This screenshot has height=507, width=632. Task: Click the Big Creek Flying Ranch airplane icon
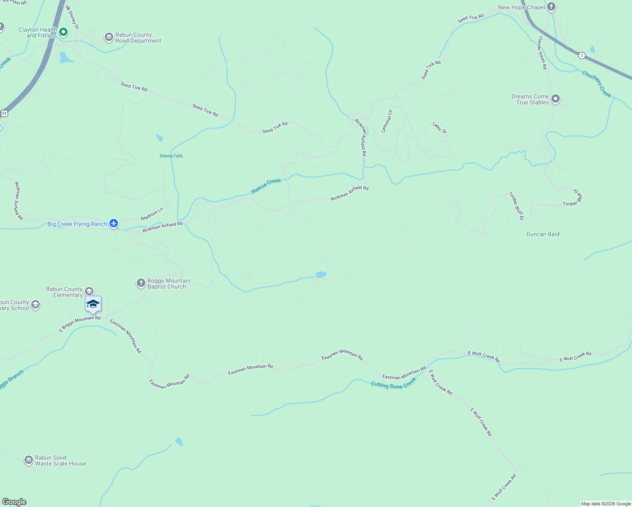113,224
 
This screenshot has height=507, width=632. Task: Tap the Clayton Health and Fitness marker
63,32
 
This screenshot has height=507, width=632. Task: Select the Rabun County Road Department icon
109,38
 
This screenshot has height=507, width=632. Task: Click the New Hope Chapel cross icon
551,7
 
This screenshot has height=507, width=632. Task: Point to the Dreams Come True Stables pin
556,99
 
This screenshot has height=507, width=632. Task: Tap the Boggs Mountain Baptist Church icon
141,283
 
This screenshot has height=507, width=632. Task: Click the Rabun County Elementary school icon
89,291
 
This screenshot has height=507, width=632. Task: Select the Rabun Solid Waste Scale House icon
28,460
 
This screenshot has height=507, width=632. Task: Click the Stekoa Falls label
171,156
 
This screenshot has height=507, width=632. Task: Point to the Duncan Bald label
543,234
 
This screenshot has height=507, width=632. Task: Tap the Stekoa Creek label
266,186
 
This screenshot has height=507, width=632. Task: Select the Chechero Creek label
597,84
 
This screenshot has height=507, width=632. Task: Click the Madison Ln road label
152,214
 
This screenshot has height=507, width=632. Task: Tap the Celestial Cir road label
387,121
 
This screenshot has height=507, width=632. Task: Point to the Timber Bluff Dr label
516,206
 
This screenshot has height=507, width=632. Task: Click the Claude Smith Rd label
542,53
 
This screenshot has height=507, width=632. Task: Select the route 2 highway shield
582,55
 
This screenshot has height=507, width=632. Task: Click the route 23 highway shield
4,113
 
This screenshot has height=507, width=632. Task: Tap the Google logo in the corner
14,502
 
